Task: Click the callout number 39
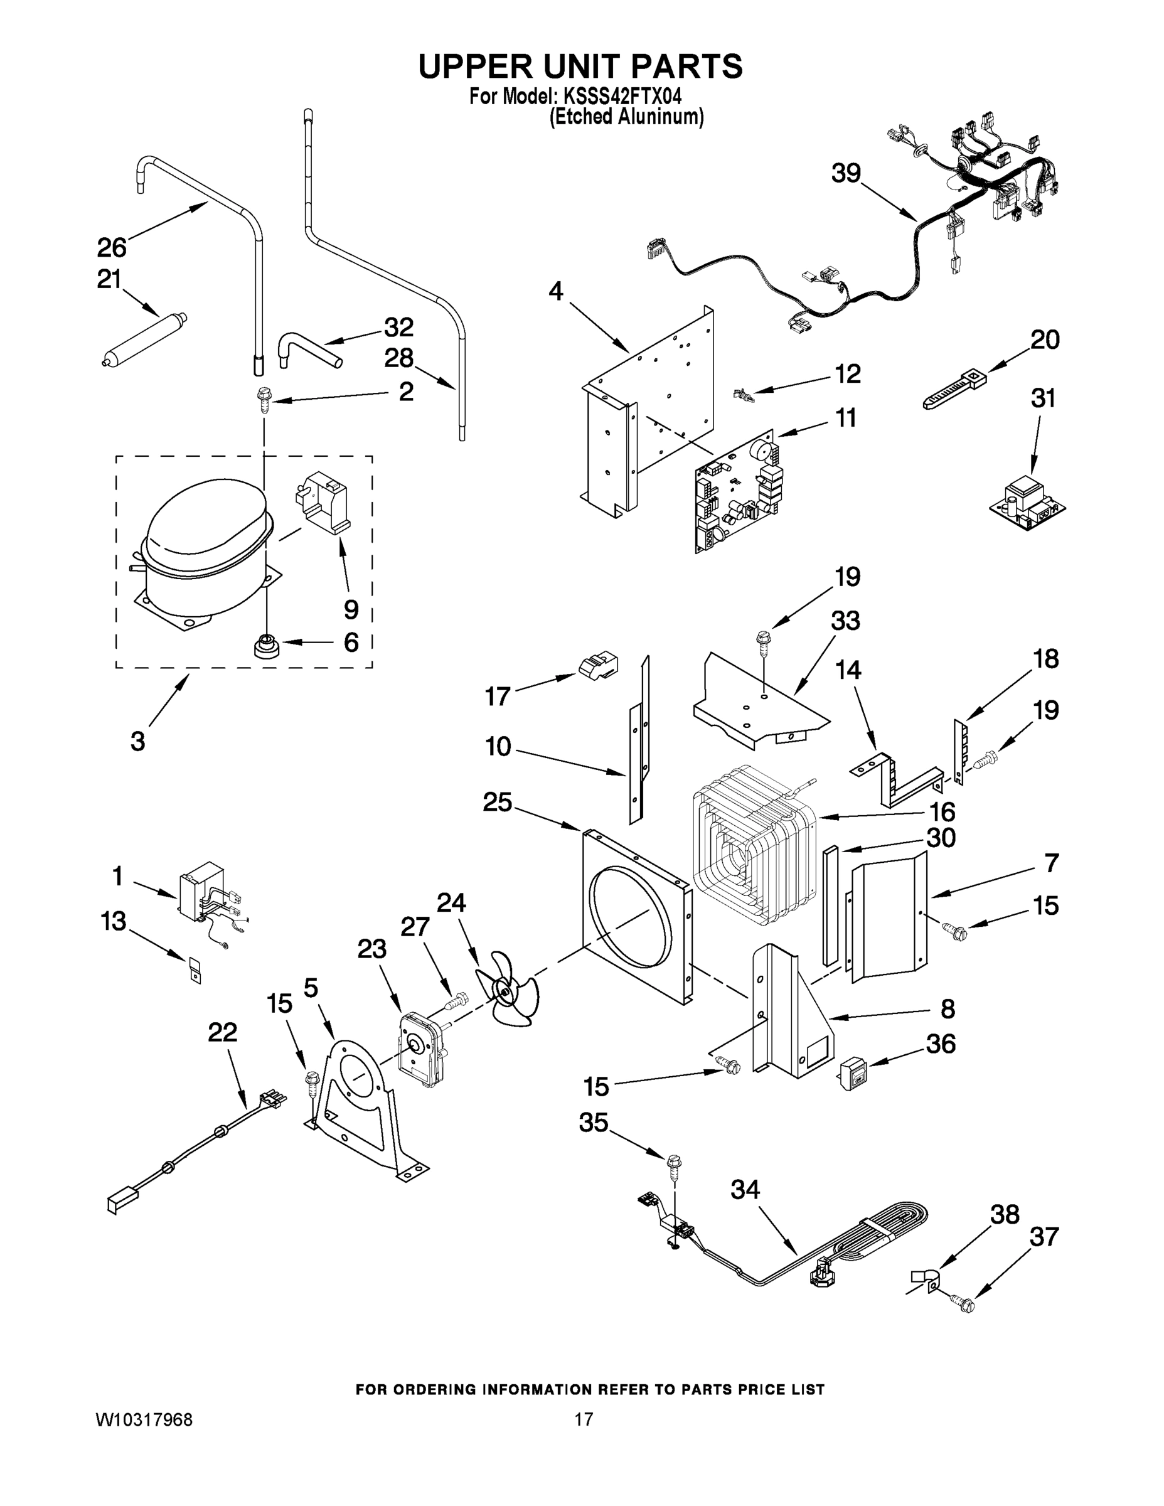(x=846, y=173)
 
